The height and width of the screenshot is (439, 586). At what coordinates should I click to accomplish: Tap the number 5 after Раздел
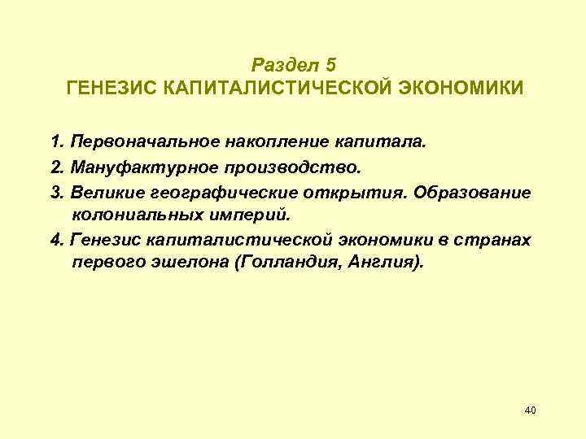[x=329, y=64]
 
